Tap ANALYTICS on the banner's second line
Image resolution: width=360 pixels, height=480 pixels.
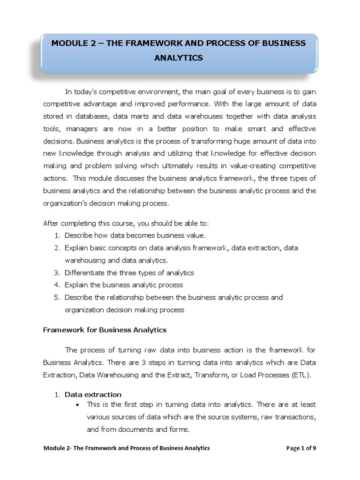[x=179, y=58]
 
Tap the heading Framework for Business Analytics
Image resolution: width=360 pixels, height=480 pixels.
[x=105, y=330]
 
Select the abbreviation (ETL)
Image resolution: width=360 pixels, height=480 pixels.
[x=299, y=375]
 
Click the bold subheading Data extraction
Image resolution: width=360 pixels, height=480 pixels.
[x=93, y=394]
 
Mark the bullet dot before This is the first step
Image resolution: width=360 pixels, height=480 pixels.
[x=76, y=404]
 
